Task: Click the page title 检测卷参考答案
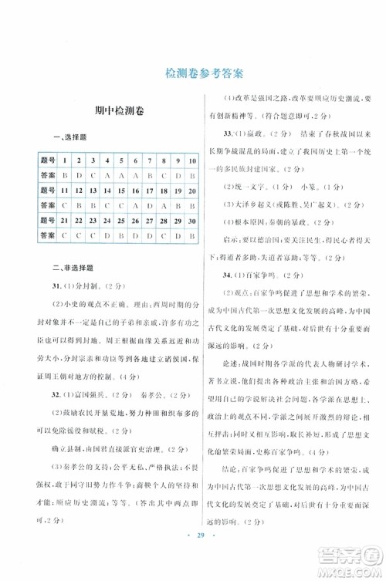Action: pyautogui.click(x=193, y=74)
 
